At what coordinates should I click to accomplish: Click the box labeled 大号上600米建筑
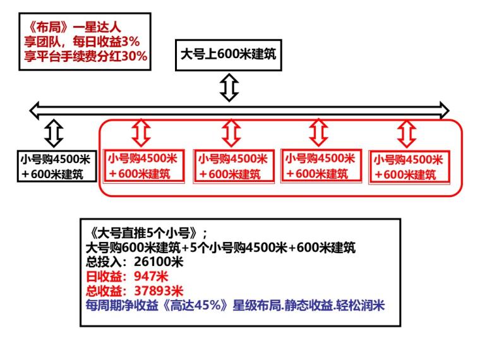(228, 54)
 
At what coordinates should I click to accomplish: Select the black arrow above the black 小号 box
(55, 133)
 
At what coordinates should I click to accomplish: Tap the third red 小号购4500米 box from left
(319, 166)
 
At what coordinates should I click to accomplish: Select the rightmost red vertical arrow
(406, 133)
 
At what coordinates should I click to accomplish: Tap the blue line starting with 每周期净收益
(235, 304)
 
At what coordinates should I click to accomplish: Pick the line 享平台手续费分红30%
(85, 56)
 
